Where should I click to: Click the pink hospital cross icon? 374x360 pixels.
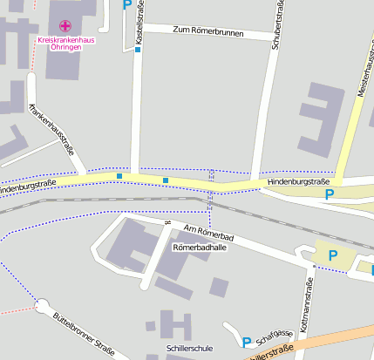click(65, 26)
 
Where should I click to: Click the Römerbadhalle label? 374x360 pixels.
click(199, 248)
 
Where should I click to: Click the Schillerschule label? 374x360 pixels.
click(189, 348)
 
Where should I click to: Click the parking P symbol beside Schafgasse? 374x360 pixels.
click(246, 343)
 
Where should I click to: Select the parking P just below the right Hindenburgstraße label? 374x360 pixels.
click(330, 194)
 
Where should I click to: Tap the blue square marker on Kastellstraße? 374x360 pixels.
click(138, 50)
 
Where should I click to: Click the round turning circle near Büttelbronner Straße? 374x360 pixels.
click(43, 306)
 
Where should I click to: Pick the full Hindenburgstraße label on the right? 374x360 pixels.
click(300, 180)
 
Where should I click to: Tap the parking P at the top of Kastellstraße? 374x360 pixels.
click(127, 4)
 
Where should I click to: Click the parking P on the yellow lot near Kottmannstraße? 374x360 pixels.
click(331, 255)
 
